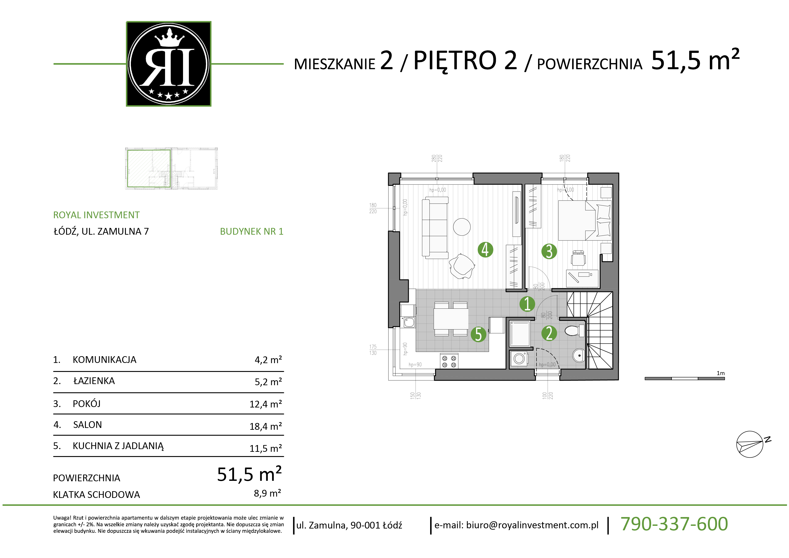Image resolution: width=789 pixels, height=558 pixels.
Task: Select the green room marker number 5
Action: (478, 334)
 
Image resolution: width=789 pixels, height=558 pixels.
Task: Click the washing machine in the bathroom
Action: (519, 359)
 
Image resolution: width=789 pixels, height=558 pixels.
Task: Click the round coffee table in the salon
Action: (462, 227)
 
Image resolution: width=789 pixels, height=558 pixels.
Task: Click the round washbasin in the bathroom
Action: (579, 355)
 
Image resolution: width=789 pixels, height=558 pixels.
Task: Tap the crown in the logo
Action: (168, 38)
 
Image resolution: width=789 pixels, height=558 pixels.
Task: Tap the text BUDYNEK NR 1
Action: (252, 231)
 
